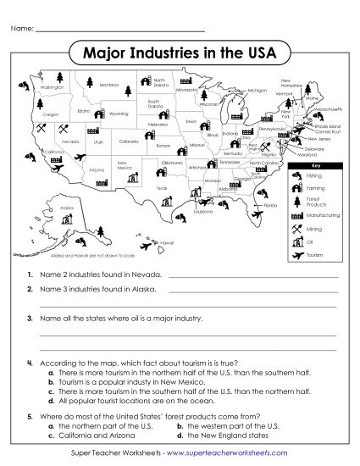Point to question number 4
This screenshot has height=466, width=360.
30,363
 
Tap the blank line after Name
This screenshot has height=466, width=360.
119,30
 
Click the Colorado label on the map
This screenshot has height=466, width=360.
129,141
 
